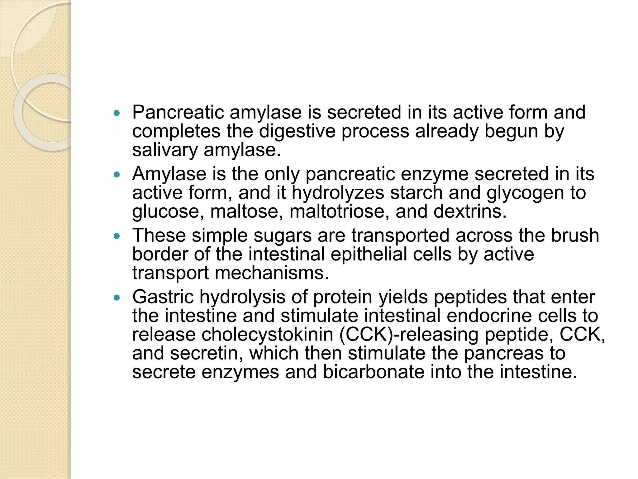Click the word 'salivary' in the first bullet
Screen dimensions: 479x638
165,151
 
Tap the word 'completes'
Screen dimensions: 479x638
176,132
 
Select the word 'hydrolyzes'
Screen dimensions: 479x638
338,193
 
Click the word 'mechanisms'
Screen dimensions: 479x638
272,273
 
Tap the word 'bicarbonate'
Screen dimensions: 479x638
373,372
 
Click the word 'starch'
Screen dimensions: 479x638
416,193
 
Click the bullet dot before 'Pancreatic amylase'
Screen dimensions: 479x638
117,114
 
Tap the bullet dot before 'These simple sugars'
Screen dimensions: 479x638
117,236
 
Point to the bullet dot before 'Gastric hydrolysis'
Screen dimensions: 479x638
117,298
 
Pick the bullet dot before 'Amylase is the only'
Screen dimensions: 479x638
117,175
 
